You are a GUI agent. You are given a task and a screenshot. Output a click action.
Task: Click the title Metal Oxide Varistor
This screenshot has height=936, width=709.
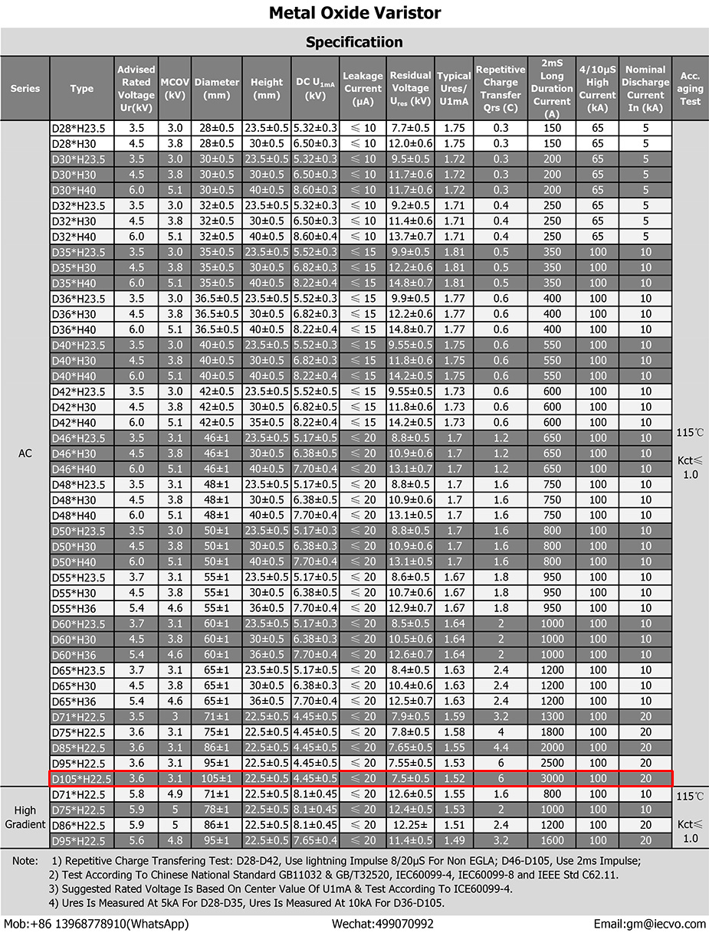(354, 13)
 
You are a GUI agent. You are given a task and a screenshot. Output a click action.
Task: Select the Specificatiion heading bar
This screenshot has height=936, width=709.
(354, 41)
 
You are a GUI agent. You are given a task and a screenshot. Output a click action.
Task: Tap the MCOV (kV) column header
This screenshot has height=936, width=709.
(175, 88)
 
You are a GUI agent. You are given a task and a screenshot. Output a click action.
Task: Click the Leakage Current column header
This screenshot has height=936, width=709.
(363, 88)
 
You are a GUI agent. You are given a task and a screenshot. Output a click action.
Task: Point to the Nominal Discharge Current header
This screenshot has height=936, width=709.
(645, 88)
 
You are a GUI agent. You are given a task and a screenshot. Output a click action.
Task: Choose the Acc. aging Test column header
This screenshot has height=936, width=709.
(690, 88)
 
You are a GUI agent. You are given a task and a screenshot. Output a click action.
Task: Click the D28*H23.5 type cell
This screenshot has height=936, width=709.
(81, 128)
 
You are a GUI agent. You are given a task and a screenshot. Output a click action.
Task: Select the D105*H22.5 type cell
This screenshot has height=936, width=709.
(81, 778)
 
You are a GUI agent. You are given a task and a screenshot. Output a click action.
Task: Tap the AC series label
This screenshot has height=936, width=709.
(25, 453)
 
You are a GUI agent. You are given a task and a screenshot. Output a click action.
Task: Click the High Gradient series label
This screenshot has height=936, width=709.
(25, 817)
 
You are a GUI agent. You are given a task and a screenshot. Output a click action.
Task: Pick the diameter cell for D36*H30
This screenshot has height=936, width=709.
(217, 314)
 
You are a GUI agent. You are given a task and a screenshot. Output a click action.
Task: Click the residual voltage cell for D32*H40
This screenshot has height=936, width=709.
(410, 237)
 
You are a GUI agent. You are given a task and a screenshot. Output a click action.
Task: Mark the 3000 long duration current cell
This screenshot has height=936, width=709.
(552, 778)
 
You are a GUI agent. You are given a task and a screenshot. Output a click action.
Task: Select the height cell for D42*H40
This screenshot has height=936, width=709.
(267, 422)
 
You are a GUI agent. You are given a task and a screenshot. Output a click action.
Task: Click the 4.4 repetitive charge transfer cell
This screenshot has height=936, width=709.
(501, 748)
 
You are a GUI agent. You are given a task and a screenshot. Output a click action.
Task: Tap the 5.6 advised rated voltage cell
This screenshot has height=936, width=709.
(136, 840)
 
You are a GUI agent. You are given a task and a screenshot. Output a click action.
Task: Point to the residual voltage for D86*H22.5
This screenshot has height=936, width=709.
(410, 825)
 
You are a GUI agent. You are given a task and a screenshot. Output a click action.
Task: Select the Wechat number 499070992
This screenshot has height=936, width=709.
(382, 924)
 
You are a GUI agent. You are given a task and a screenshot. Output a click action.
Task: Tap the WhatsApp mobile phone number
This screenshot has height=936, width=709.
(97, 924)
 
